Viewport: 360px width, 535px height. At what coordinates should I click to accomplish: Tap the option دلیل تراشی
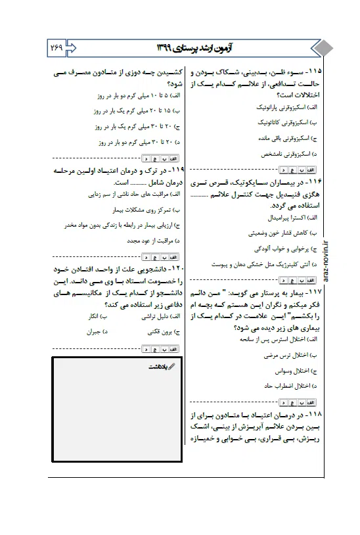155,316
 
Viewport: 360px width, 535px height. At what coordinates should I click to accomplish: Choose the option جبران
99,333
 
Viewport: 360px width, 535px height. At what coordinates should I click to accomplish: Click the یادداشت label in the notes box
158,368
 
